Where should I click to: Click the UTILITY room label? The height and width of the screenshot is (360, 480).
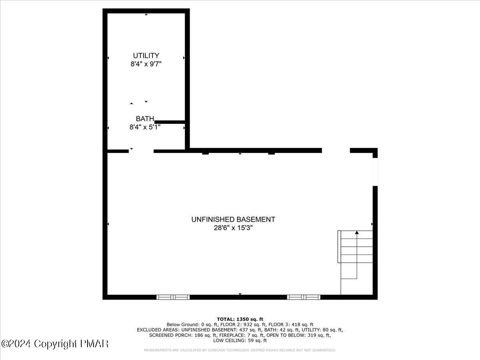pos(146,56)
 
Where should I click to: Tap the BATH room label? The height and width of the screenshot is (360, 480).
pos(145,119)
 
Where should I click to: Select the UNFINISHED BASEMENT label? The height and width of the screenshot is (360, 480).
pos(233,219)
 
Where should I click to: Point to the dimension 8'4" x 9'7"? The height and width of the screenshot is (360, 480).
pos(146,64)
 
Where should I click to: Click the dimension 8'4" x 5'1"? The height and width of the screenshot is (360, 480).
pos(145,127)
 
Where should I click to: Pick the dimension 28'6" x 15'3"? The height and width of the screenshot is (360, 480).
pos(233,228)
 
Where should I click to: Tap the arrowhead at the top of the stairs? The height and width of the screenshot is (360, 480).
pos(357,232)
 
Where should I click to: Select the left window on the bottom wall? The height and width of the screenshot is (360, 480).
pos(173,297)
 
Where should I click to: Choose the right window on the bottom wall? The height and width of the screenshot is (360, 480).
pos(304,297)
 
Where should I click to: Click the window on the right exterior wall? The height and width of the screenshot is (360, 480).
pos(375,172)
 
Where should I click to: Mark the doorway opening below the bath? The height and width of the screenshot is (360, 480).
pos(141,151)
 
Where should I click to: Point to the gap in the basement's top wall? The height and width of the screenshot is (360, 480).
pos(336,150)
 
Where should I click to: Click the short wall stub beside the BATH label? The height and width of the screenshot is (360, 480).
pos(170,122)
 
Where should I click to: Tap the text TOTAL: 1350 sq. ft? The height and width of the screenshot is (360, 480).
pos(240,319)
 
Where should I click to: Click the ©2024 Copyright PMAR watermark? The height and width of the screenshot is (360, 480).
pos(55,344)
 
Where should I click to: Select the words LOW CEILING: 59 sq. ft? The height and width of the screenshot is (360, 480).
pos(240,341)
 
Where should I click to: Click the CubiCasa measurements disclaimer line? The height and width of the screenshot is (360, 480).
pos(240,350)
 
